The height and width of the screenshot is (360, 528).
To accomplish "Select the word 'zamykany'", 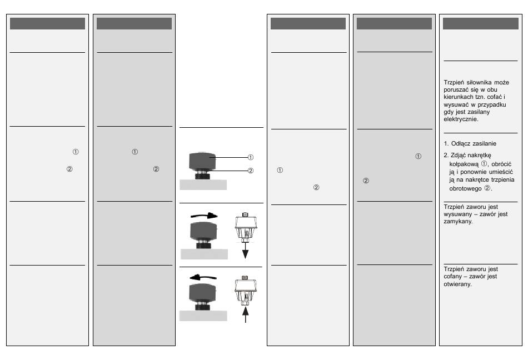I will (x=458, y=221).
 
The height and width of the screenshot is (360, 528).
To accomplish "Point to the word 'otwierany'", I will (x=458, y=284).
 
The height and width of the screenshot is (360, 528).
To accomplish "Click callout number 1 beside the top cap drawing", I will (x=250, y=157).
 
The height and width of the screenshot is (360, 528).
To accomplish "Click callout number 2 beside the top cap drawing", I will (x=250, y=171).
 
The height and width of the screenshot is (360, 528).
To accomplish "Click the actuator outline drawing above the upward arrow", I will (x=245, y=289).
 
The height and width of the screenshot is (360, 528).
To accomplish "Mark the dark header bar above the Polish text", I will (x=480, y=24).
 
